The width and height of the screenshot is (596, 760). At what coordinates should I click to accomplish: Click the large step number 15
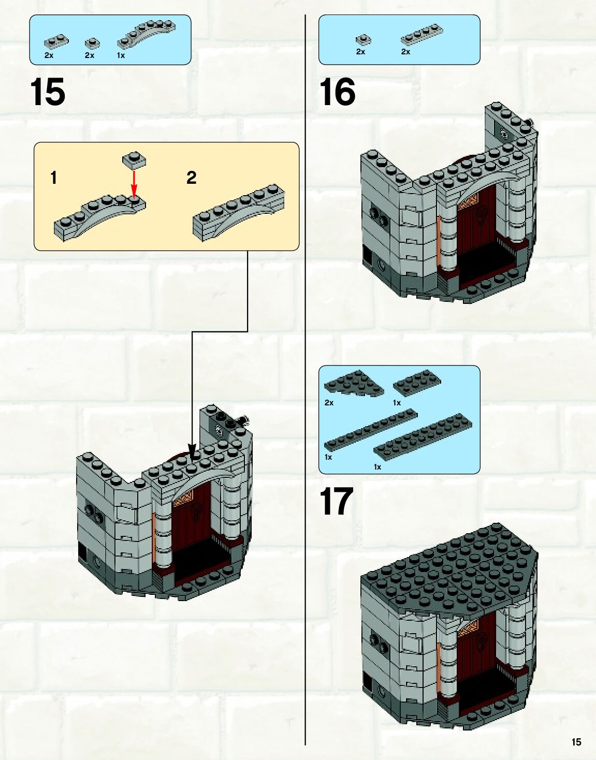tap(48, 92)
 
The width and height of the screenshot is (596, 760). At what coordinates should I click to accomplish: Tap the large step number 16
tap(338, 92)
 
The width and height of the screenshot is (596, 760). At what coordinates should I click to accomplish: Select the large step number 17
tap(337, 501)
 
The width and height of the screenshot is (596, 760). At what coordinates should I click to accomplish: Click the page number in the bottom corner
tap(576, 742)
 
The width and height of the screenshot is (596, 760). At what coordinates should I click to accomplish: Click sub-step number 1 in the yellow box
tap(53, 178)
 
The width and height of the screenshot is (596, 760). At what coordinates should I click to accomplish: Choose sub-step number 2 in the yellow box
tap(191, 178)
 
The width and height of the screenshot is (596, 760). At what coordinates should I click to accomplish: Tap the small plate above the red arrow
tap(134, 159)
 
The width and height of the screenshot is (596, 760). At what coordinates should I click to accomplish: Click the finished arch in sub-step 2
tap(238, 212)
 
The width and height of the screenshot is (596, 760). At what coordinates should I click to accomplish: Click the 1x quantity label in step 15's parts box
tap(121, 55)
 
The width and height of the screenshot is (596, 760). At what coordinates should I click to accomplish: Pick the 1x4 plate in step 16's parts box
tap(421, 34)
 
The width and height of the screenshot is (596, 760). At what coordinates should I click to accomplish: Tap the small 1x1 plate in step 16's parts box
tap(363, 39)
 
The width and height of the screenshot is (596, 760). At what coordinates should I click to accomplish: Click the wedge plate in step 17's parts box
tap(354, 383)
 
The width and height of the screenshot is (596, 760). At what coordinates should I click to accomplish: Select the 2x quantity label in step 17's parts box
tap(329, 402)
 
